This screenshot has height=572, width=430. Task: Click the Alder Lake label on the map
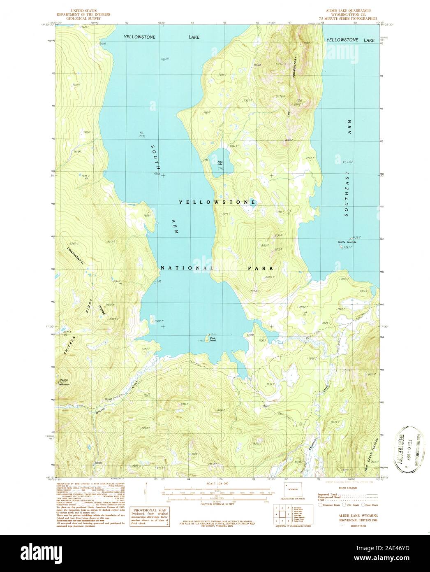pos(220,163)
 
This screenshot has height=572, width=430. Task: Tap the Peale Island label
pos(213,339)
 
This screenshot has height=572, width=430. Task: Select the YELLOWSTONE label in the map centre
pos(217,202)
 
